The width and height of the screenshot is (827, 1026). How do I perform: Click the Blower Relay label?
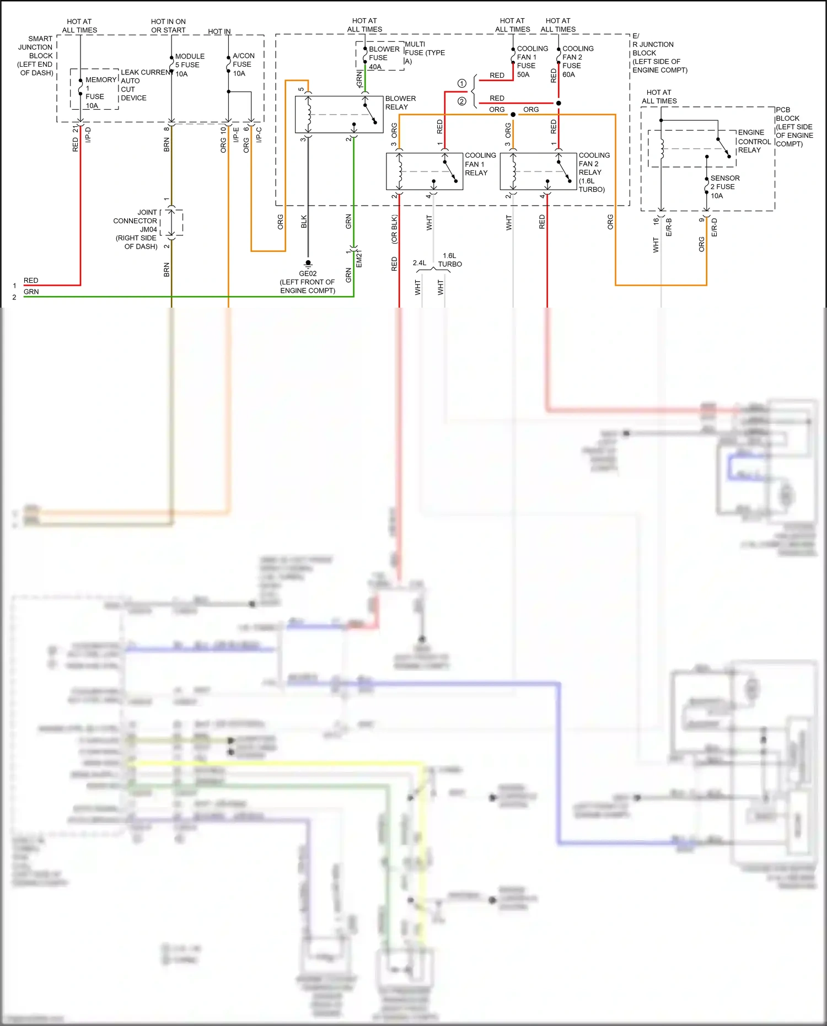point(400,103)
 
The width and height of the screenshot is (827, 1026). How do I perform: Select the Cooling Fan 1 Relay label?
point(480,164)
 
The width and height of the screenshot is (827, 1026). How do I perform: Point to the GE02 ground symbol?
point(308,264)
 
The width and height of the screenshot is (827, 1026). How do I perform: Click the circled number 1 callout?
point(461,83)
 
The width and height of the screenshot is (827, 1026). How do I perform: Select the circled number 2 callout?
point(461,101)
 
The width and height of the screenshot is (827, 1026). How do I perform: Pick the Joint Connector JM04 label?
point(136,229)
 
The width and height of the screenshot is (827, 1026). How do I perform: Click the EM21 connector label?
point(359,259)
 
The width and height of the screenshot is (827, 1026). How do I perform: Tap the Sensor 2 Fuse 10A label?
point(724,186)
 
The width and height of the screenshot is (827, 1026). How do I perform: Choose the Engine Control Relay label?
point(754,141)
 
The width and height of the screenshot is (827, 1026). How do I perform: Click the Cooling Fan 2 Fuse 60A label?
point(577,61)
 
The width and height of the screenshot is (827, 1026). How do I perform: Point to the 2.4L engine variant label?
point(420,263)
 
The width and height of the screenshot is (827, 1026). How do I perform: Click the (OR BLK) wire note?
point(394,229)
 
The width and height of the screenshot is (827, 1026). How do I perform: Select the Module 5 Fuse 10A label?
point(189,65)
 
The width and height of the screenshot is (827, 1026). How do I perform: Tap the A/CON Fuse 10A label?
point(243,64)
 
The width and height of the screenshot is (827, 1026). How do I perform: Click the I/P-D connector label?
point(88,135)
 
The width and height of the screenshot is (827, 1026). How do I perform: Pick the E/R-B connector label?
point(669,227)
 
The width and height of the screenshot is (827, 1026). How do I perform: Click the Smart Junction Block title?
point(35,55)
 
